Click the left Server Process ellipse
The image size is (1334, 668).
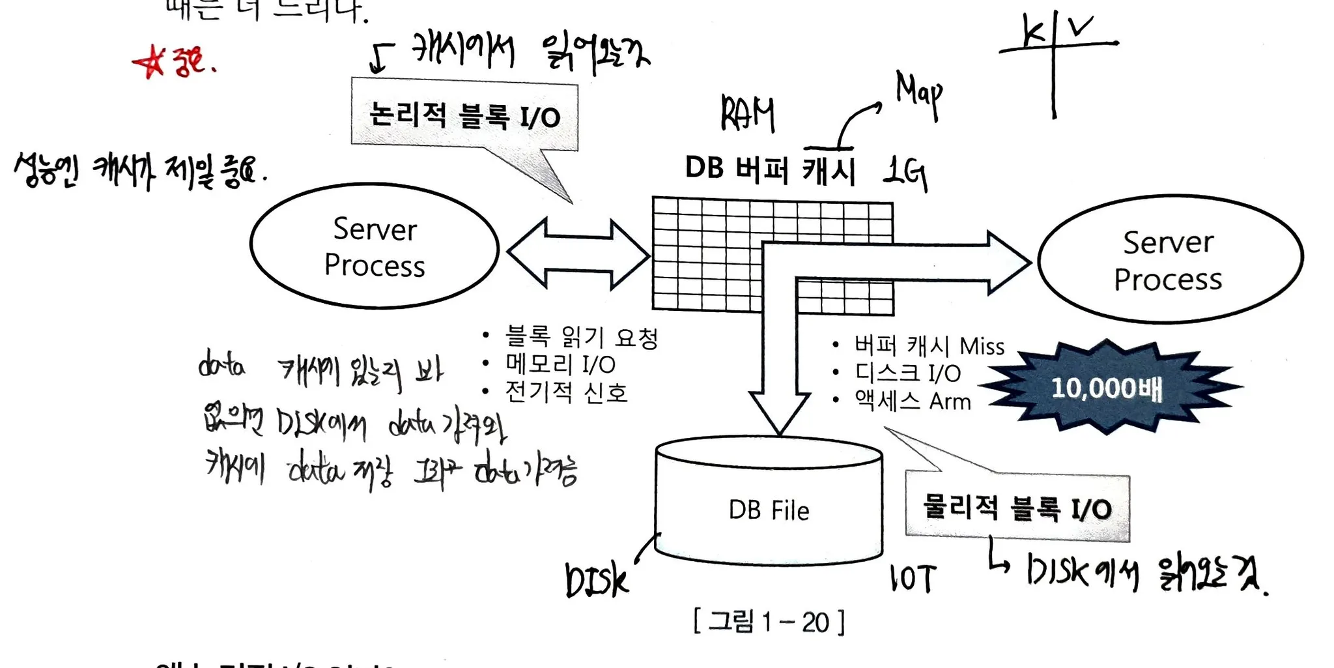[x=375, y=246]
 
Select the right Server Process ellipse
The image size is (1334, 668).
[x=1170, y=259]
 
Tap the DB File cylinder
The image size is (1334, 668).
[x=769, y=508]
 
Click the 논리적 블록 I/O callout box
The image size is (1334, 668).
[x=464, y=115]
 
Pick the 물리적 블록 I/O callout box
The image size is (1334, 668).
[x=1017, y=508]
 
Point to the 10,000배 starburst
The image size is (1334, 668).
[x=1107, y=388]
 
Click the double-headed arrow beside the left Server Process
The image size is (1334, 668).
[x=578, y=254]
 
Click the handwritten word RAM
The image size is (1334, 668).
[x=747, y=114]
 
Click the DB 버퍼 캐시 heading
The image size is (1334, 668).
[x=769, y=169]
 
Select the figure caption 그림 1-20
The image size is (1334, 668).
[x=769, y=622]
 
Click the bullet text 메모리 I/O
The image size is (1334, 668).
[x=560, y=364]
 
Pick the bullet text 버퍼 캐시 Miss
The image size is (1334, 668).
[x=929, y=345]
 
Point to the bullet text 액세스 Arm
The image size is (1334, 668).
[x=912, y=401]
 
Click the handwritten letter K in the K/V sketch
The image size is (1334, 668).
[x=1033, y=31]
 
